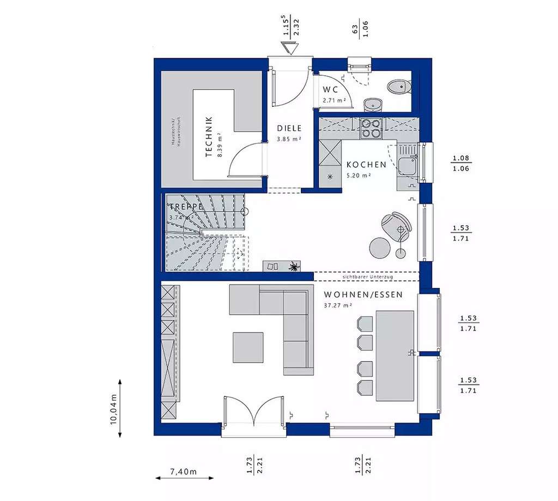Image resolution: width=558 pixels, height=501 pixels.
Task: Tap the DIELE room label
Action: click(289, 128)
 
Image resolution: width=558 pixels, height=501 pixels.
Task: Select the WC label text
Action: click(331, 89)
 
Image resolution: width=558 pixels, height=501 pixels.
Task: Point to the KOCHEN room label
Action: click(366, 164)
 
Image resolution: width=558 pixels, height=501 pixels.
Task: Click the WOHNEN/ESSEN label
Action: click(363, 295)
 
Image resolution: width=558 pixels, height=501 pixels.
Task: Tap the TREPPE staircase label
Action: click(186, 207)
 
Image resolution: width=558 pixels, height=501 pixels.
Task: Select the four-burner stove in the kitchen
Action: click(371, 129)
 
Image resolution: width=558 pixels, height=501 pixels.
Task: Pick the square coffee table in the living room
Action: click(248, 347)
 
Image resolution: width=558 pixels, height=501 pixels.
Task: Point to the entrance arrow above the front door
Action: click(290, 48)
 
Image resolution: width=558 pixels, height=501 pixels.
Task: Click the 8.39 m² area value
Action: click(219, 144)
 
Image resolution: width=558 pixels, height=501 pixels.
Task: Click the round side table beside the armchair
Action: click(380, 248)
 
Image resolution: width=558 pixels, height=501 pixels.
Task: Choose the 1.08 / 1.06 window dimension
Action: click(460, 164)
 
